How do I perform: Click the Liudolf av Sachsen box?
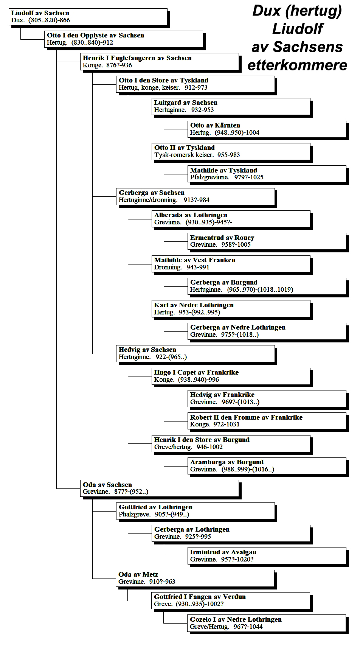88,17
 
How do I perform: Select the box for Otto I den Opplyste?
124,39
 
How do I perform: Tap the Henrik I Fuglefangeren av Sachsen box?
160,62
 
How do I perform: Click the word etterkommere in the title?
297,65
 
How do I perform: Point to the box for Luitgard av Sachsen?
231,106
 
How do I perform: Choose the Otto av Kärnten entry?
267,129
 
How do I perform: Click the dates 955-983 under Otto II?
229,155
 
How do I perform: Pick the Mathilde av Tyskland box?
267,174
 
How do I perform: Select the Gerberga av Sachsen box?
196,196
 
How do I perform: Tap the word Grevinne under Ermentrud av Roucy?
203,245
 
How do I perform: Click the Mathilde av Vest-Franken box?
231,264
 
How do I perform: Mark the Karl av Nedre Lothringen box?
231,309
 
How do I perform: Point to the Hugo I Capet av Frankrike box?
231,376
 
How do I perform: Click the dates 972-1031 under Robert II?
227,424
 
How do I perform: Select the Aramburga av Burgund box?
267,466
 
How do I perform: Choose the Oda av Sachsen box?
160,488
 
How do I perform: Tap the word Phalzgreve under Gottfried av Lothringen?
135,514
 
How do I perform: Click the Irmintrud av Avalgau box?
267,556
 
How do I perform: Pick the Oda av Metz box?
196,578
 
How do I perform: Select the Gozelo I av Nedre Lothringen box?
267,623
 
